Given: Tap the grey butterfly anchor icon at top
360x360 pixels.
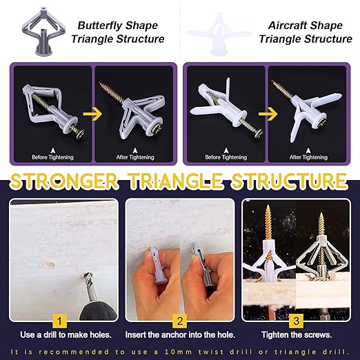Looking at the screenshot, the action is point(43,31).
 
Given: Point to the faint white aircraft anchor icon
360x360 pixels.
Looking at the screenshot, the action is point(219,34).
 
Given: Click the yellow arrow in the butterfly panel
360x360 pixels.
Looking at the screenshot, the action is point(92,114).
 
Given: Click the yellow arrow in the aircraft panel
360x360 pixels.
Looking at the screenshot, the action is point(268,114).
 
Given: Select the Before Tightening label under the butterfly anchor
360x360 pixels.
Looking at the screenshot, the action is point(52,157).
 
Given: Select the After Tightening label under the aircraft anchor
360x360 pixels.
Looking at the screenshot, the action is point(308,157).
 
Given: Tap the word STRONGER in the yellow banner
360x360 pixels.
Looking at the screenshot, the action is point(63,181).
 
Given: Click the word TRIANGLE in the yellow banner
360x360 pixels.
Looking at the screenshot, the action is point(177,181).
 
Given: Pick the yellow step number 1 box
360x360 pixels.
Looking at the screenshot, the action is point(59,321).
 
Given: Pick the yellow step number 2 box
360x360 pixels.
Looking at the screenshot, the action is point(180,321).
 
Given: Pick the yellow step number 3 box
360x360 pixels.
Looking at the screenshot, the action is point(296,321).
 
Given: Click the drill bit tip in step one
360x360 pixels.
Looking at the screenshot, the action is point(85,276).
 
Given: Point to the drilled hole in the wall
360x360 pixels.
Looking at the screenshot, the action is point(49,265).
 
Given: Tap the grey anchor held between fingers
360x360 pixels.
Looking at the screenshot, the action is point(202,265).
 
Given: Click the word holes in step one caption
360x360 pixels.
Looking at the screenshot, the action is point(101,334).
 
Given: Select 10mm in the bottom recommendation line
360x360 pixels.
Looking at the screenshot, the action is point(178,352).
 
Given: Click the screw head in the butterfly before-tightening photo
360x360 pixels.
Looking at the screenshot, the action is point(79,133).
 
